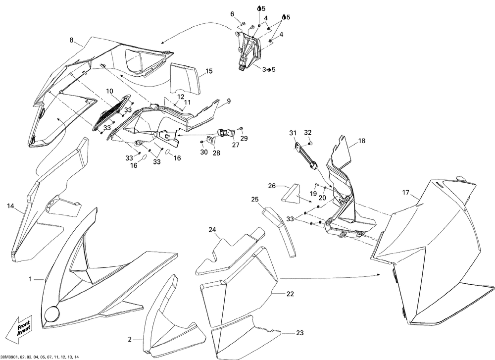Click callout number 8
[72, 40]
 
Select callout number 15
[209, 71]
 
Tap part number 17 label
[405, 192]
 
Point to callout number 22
[290, 294]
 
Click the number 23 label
[300, 333]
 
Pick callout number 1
[31, 279]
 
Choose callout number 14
[10, 206]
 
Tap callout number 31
[293, 132]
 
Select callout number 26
[272, 186]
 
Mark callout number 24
[212, 230]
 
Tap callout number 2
[130, 340]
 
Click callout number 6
[232, 14]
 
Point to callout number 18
[361, 141]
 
